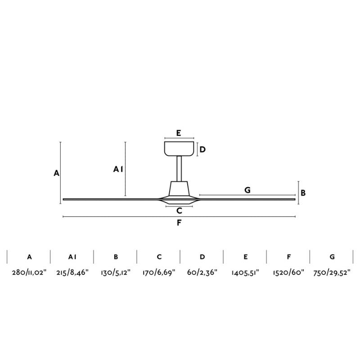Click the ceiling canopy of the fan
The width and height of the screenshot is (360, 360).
coord(179,148)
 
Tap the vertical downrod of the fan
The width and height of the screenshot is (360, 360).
coord(179,169)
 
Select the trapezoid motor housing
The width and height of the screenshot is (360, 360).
coord(179,189)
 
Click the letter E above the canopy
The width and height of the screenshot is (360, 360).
coord(179,133)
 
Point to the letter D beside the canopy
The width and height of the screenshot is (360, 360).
coord(202,149)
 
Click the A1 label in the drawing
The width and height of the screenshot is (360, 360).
coord(118,169)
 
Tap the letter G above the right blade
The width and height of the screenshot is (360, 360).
coord(247,190)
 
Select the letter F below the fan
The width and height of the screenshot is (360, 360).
coord(179,223)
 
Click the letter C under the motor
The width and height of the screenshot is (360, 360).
coord(179,211)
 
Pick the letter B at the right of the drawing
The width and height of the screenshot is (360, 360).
coord(303,193)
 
